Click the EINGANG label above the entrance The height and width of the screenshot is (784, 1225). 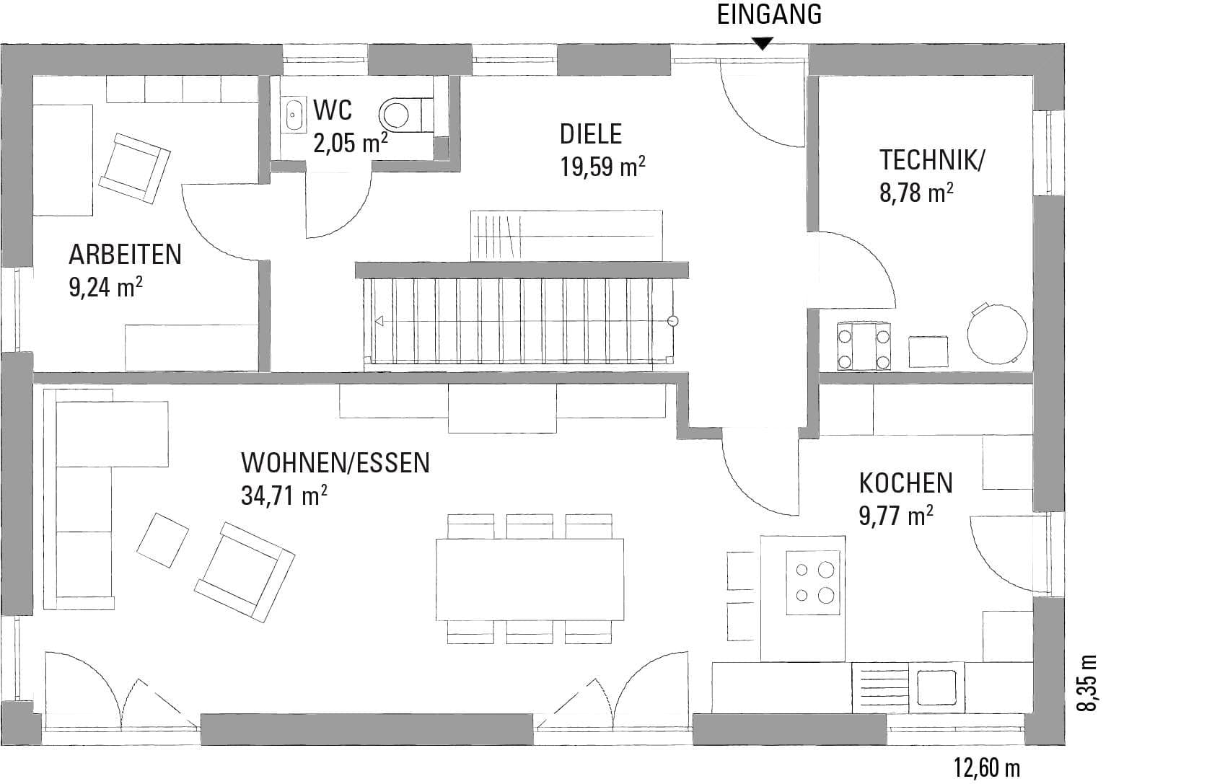pos(769,14)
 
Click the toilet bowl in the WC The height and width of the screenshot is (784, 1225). pos(405,115)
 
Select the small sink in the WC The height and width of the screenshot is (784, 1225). pos(295,115)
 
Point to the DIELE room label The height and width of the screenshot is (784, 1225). pos(591,134)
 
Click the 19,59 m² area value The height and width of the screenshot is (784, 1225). pos(602,166)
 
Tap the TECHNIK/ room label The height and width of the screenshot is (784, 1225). pos(932,160)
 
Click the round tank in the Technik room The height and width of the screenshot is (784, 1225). pos(996,333)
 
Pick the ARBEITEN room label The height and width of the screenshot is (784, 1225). pos(126,255)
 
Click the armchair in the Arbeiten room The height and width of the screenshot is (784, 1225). pos(134,168)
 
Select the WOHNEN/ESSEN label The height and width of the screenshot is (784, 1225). pos(335,463)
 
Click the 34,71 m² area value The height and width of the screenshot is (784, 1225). pos(284,495)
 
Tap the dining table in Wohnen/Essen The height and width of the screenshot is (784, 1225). pos(530,580)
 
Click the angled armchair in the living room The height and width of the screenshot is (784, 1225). pos(245,572)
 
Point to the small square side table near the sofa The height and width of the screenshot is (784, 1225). pos(162,540)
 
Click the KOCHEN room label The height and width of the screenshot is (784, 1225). pos(905,483)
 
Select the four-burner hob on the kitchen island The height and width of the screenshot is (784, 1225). pos(813,583)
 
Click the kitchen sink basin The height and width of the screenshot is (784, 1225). pos(936,687)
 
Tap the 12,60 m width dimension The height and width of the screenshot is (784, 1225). pos(987,767)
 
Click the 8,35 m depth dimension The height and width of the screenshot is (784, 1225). pos(1086,683)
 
